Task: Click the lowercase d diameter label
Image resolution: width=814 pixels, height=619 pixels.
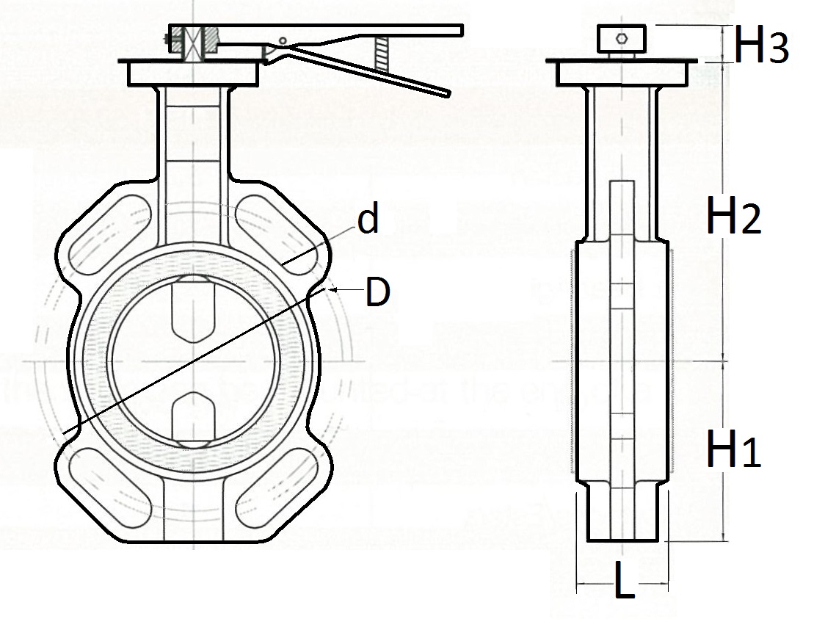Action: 368,220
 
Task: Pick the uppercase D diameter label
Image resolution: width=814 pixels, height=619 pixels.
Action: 377,292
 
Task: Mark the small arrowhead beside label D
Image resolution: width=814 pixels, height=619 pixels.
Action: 334,292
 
